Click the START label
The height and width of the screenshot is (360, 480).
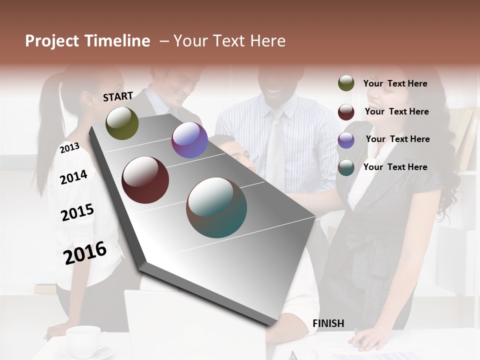coord(118,96)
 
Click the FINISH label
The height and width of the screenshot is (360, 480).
coord(328,323)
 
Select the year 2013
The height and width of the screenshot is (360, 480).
coord(69,148)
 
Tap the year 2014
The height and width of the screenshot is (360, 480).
coord(73,177)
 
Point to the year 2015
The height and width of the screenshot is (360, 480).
coord(77,212)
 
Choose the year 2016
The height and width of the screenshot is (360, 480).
coord(85,253)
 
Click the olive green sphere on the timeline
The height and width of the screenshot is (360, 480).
coord(122,123)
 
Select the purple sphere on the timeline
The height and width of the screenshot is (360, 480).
coord(189,140)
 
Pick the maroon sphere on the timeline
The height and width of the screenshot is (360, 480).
coord(145,180)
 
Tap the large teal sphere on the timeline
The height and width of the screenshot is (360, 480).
coord(216,207)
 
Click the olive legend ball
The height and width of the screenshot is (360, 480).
coord(346,83)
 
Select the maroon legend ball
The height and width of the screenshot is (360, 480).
coord(346,112)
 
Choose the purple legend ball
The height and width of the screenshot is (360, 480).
coord(346,140)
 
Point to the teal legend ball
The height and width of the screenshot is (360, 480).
coord(346,167)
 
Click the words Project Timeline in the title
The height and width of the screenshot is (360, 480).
coord(87,41)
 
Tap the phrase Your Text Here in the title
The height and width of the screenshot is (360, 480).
coord(229,41)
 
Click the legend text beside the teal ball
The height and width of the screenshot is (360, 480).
coord(395,167)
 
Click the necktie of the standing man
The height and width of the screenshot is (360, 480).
coord(275,145)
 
